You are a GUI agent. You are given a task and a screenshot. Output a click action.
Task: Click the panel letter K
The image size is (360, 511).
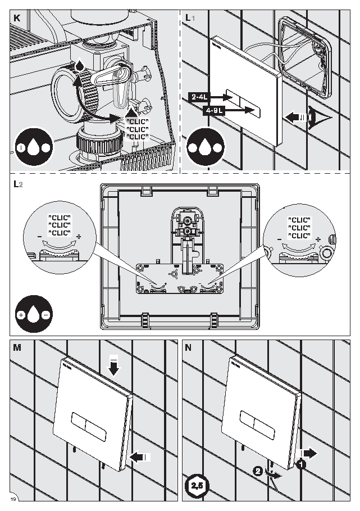tap(17, 18)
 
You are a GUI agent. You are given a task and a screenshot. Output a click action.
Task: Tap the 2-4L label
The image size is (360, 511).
tap(199, 97)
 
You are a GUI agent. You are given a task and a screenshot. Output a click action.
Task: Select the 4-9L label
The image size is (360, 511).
tap(213, 110)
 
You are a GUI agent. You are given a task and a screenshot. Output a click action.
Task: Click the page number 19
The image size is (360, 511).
tap(13, 499)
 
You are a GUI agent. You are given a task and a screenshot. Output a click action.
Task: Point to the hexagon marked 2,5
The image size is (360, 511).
tap(197, 486)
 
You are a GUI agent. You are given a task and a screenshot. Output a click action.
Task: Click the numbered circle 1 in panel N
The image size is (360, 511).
tap(301, 464)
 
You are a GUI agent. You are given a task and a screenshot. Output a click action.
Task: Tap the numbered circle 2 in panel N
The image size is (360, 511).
tap(258, 471)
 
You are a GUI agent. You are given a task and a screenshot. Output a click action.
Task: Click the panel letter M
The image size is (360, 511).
tap(17, 348)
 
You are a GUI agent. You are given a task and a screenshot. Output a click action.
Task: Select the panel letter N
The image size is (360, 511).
tap(188, 348)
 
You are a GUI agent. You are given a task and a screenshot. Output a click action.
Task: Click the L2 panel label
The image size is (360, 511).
tap(18, 184)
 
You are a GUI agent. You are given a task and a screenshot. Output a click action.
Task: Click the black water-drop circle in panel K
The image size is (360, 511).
tap(34, 147)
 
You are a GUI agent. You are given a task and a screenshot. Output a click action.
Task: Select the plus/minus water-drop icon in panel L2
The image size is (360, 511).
tap(34, 314)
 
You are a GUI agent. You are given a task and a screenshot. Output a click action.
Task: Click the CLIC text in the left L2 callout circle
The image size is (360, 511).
tap(60, 225)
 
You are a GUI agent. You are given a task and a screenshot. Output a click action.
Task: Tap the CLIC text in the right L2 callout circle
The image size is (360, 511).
tap(299, 228)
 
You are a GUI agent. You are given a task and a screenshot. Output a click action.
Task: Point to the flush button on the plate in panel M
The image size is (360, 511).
tap(89, 427)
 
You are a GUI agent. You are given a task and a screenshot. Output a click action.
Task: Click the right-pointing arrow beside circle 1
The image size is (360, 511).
tap(310, 453)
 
